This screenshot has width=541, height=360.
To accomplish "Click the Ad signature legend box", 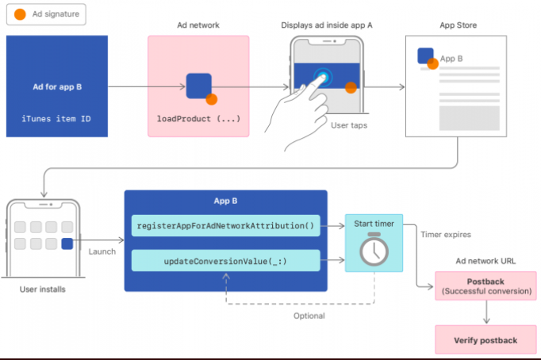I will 47,14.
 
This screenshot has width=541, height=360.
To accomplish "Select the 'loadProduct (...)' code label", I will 198,119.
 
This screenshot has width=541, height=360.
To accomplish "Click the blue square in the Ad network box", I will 198,86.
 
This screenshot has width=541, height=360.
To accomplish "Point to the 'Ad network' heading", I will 198,25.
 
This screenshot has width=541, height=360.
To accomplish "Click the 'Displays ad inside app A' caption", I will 327,25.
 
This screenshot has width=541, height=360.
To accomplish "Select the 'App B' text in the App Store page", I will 451,58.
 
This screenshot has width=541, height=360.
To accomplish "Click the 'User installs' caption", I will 43,289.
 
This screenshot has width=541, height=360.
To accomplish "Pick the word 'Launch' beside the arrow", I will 102,251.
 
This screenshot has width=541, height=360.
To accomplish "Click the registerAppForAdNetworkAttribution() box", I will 226,226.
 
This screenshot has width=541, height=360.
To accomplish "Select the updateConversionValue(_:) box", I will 226,261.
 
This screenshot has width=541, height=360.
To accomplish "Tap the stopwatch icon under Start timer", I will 374,251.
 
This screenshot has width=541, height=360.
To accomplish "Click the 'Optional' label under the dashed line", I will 309,316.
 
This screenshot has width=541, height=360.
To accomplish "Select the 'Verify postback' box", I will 485,340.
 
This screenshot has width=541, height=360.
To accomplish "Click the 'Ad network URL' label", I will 486,260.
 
